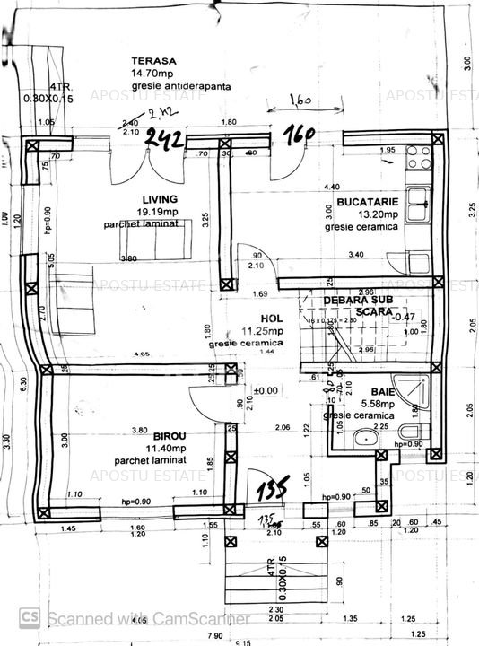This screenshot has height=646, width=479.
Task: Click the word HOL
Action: click(272, 318)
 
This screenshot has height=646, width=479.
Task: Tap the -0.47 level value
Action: click(406, 316)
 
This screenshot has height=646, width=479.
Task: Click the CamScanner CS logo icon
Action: click(30, 617)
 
